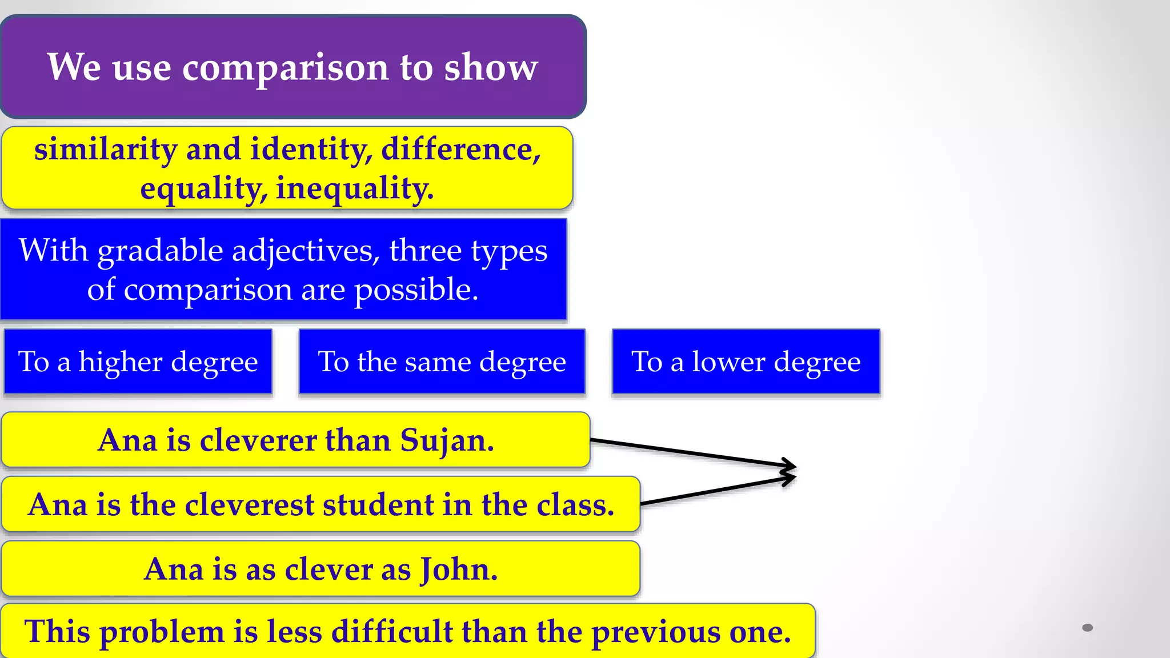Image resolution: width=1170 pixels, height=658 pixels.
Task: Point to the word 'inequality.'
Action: pyautogui.click(x=355, y=188)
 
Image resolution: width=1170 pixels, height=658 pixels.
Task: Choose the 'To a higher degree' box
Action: pyautogui.click(x=138, y=362)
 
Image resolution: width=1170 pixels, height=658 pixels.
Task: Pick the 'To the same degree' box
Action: pyautogui.click(x=442, y=362)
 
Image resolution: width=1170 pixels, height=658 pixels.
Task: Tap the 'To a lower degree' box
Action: pyautogui.click(x=746, y=362)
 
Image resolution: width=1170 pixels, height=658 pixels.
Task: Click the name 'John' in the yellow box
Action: pyautogui.click(x=459, y=569)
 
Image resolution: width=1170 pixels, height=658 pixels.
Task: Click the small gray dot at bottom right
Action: pyautogui.click(x=1088, y=628)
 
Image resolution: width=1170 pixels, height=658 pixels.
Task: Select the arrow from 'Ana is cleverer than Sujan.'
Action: pyautogui.click(x=691, y=452)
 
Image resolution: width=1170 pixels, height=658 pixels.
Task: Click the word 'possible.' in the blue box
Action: pyautogui.click(x=416, y=290)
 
